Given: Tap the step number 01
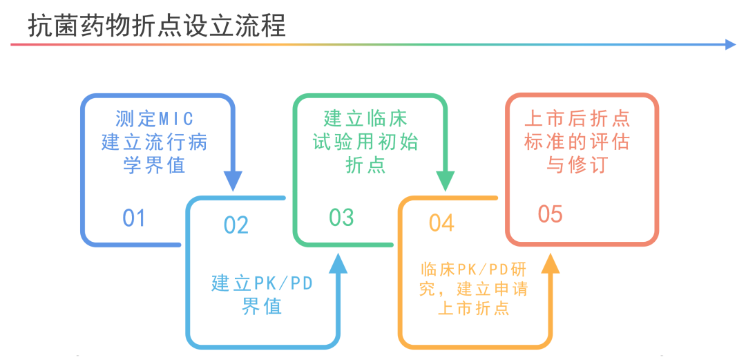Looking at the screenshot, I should point(134,218).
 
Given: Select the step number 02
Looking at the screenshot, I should point(236,225).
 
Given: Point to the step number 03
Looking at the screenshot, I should point(341,218).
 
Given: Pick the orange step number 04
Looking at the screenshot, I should point(441,223).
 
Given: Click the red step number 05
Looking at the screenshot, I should point(551,215).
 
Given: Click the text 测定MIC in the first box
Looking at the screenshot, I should point(155,119).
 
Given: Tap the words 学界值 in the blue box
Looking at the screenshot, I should point(155,167).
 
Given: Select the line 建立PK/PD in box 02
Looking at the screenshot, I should point(262,283).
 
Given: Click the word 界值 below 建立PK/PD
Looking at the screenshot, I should point(262,307).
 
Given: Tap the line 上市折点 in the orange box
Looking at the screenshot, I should point(474,309).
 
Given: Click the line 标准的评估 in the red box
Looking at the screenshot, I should point(577,142).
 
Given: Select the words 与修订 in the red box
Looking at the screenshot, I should point(577,167).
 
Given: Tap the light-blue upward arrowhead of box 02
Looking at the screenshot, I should point(338,263).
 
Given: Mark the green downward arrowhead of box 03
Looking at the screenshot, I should point(445,181).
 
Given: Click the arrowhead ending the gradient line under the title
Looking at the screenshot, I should point(731,44).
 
